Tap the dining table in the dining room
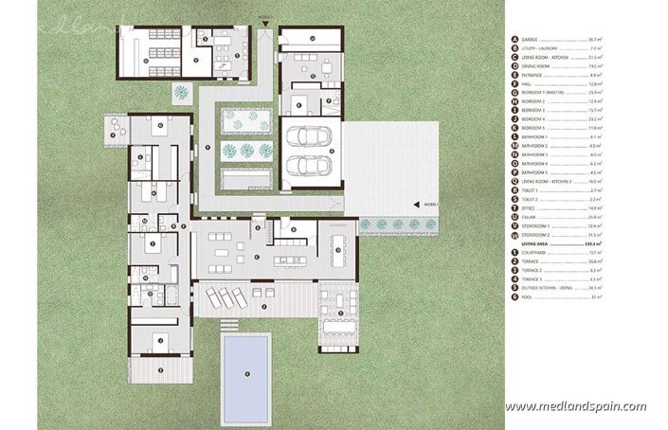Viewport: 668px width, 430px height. pyautogui.click(x=338, y=250)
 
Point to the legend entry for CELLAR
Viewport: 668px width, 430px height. pyautogui.click(x=530, y=217)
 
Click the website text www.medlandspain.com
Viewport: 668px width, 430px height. pyautogui.click(x=575, y=405)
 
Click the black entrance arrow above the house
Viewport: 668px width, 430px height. pyautogui.click(x=269, y=20)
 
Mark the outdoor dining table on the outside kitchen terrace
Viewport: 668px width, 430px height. pyautogui.click(x=334, y=314)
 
